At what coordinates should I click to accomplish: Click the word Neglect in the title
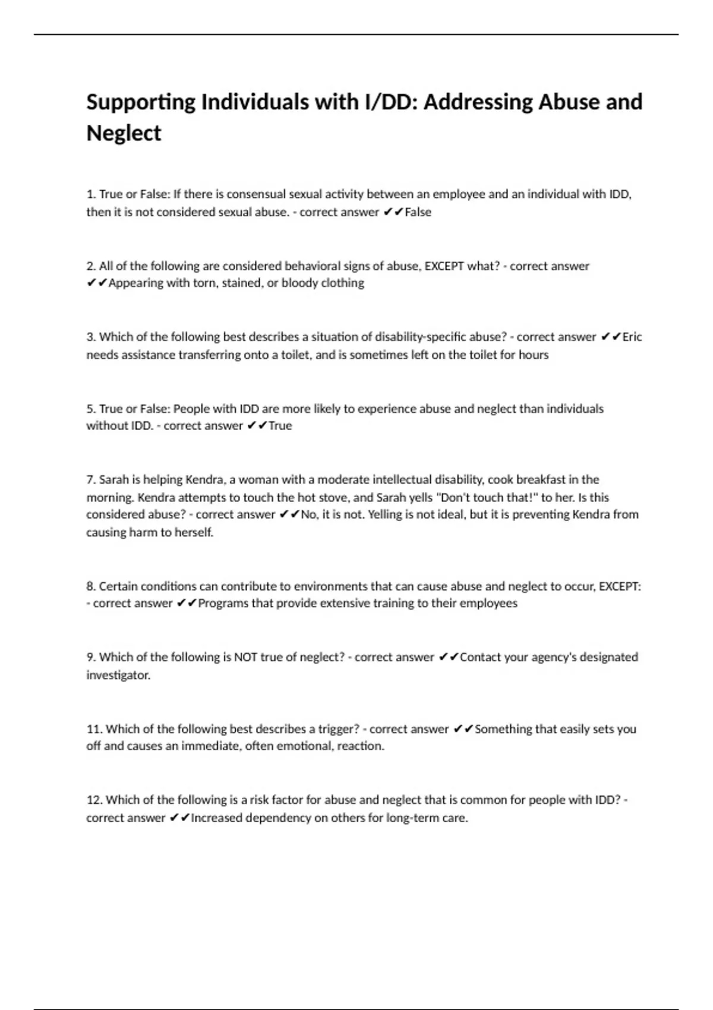(124, 133)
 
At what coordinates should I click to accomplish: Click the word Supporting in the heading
(141, 102)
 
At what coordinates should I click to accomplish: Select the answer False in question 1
(418, 212)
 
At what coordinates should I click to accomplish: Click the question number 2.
(91, 266)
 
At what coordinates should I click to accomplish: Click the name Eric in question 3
(632, 337)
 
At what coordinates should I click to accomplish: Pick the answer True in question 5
(280, 425)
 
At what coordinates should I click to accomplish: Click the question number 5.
(91, 409)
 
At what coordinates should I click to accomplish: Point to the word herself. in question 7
(193, 532)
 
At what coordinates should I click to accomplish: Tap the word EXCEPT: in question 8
(620, 586)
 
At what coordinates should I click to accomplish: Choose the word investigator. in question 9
(118, 675)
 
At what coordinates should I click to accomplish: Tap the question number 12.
(94, 800)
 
